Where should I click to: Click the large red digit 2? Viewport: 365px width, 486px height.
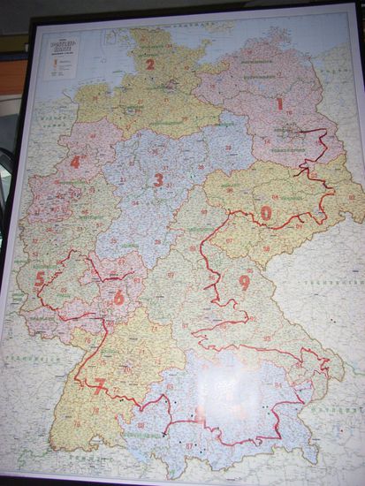(x=149, y=64)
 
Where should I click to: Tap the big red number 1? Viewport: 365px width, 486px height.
(x=280, y=103)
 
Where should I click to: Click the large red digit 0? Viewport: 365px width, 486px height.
(x=266, y=213)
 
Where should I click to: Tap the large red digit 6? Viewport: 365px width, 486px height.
(x=118, y=298)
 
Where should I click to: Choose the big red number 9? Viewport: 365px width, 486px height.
(x=244, y=282)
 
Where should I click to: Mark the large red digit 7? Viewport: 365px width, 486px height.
(x=100, y=384)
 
